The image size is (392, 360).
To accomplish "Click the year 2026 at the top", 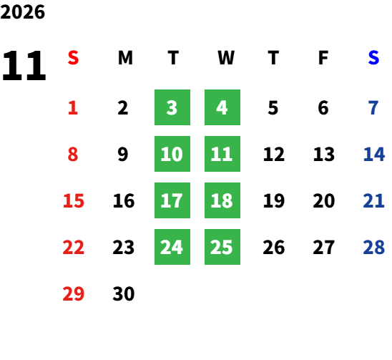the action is [x=22, y=12].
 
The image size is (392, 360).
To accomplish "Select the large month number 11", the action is [x=24, y=66].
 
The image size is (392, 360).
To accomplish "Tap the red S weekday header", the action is [x=73, y=58].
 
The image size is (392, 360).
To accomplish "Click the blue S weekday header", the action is [x=373, y=58].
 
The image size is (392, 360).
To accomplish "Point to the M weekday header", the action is [x=125, y=58].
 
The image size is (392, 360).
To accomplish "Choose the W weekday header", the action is [x=226, y=58].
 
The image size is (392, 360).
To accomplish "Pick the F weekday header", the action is [x=323, y=58].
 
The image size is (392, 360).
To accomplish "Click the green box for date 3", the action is [x=172, y=107].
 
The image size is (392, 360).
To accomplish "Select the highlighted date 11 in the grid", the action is [x=222, y=154].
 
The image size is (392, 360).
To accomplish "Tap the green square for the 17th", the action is [x=172, y=200].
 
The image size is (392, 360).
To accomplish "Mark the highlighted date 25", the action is [x=222, y=247].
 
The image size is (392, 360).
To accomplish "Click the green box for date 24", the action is [x=172, y=247].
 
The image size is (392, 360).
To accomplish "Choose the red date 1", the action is [x=73, y=108].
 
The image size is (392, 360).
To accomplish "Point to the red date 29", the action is [x=73, y=293].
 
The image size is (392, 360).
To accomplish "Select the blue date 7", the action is [x=373, y=108].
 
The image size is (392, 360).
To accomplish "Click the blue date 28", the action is [x=373, y=247].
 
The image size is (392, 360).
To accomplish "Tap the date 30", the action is [x=124, y=293].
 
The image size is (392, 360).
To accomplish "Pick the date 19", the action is [x=274, y=200].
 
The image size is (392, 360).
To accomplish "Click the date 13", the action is [x=324, y=154].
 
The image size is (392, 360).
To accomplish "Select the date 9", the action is [x=123, y=154].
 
